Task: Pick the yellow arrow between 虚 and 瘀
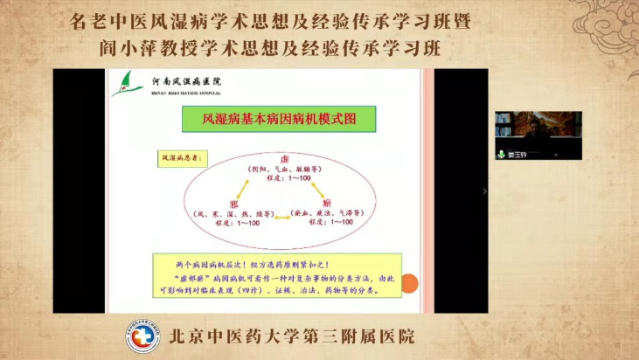tap(312, 183)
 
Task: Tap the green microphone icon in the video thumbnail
tap(503, 154)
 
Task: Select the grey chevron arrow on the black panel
tap(484, 190)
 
